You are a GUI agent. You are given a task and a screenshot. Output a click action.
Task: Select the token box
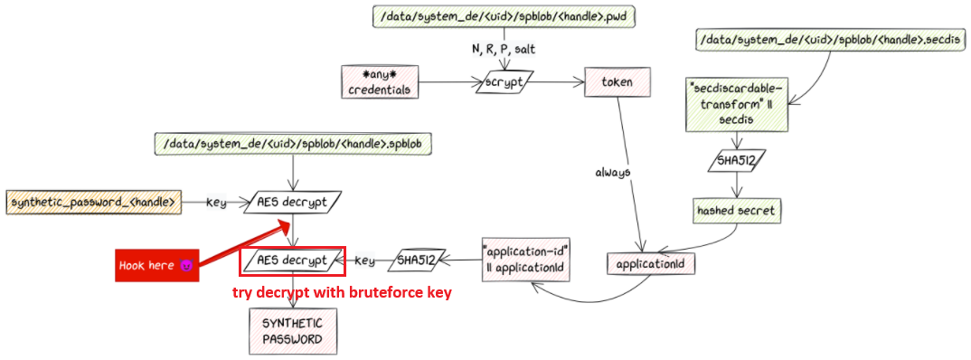610,81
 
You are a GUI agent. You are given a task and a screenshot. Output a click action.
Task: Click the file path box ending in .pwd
504,16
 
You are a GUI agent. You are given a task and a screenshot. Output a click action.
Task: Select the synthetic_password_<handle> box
93,202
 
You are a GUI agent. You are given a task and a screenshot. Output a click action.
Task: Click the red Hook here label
156,266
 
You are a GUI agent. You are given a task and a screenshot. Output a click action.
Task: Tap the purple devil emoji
185,266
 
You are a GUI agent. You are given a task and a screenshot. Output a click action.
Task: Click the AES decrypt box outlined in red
292,261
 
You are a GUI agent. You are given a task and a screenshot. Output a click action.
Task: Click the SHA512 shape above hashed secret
736,160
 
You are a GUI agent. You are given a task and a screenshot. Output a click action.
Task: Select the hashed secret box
736,212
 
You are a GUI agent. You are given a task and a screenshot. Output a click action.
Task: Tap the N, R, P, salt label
504,50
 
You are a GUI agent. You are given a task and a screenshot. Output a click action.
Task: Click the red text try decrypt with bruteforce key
342,293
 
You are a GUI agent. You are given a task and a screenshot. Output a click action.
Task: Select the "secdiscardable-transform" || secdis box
735,103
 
